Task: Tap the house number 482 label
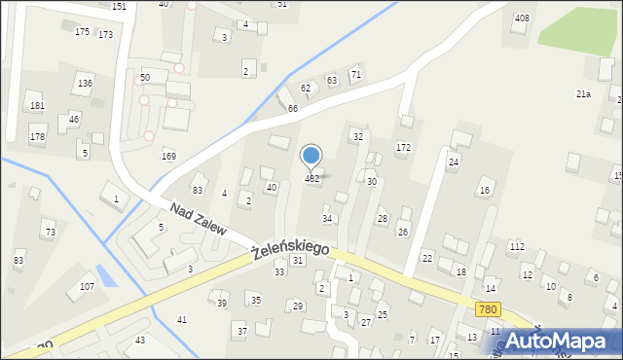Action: click(x=311, y=179)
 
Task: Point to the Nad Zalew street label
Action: click(x=198, y=221)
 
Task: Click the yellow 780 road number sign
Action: click(x=490, y=308)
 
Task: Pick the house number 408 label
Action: click(x=522, y=18)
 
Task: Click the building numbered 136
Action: click(x=85, y=84)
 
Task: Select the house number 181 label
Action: click(x=37, y=105)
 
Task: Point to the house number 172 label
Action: click(x=403, y=147)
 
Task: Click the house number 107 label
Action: click(x=87, y=286)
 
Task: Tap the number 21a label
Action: click(x=583, y=93)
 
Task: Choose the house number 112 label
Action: click(x=516, y=246)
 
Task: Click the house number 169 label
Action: click(x=168, y=156)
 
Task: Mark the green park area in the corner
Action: click(x=578, y=26)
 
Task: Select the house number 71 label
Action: click(x=356, y=74)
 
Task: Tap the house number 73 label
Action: click(x=50, y=232)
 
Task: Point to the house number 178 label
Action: click(x=37, y=137)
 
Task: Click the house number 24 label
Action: click(x=453, y=162)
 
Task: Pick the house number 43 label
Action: click(x=140, y=340)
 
